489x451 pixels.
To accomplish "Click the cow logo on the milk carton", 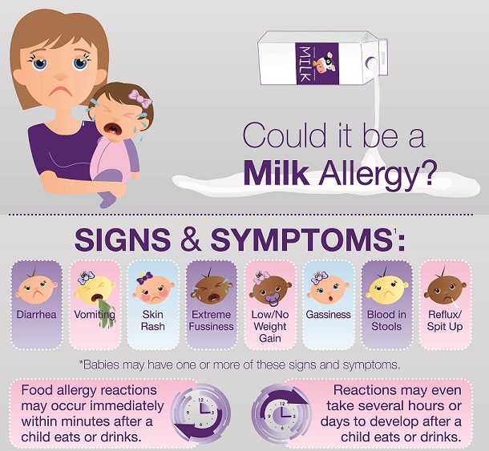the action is click(x=325, y=64).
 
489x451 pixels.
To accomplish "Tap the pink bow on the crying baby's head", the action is click(x=140, y=99).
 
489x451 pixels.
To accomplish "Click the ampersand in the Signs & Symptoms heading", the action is click(x=191, y=240).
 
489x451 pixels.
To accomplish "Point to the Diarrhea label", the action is click(x=37, y=314).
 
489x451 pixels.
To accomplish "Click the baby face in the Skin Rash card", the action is click(x=153, y=289).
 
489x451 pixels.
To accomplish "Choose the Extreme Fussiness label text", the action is click(x=211, y=320).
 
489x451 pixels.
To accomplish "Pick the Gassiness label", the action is click(x=328, y=315).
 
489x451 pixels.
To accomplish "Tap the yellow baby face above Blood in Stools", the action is click(x=386, y=288).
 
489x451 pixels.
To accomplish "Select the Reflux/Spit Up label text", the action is click(x=445, y=320).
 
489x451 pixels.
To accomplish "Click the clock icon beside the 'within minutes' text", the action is click(x=201, y=413).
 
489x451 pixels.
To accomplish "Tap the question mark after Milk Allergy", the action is click(x=425, y=173).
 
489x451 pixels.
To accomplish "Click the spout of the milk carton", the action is click(x=372, y=63).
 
